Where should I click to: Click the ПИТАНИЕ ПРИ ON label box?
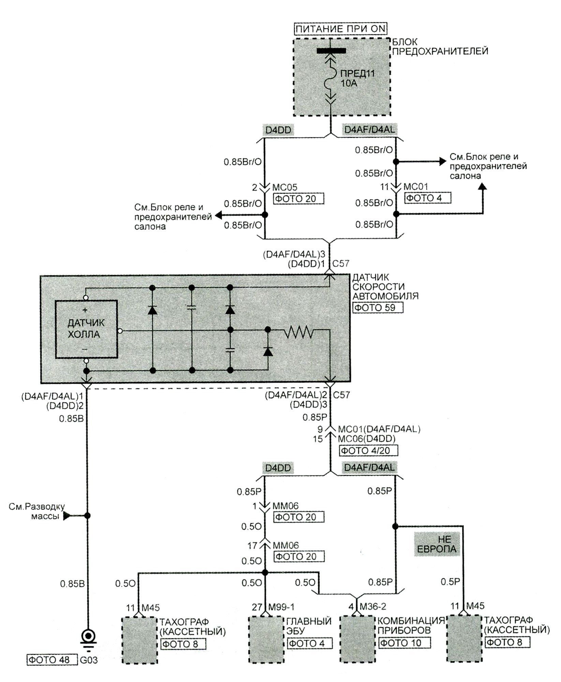tap(340, 29)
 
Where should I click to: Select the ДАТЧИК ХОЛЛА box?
tap(87, 329)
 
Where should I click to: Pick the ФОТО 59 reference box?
tap(378, 308)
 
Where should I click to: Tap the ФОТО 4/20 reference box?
tap(368, 450)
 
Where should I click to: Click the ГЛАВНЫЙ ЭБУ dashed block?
tap(266, 640)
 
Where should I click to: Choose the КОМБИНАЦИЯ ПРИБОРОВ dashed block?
tap(358, 639)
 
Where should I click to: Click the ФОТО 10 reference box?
tap(404, 643)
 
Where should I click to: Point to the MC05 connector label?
tap(285, 187)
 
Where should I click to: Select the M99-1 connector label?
tap(281, 607)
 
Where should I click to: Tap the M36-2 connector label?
tap(373, 606)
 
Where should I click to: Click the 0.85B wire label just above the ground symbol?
tap(72, 584)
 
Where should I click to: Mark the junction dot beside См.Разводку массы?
tap(87, 516)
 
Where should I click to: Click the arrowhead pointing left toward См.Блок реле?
tap(219, 215)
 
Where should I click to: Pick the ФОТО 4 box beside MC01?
tap(428, 198)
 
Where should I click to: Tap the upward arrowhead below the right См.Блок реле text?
tap(483, 186)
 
